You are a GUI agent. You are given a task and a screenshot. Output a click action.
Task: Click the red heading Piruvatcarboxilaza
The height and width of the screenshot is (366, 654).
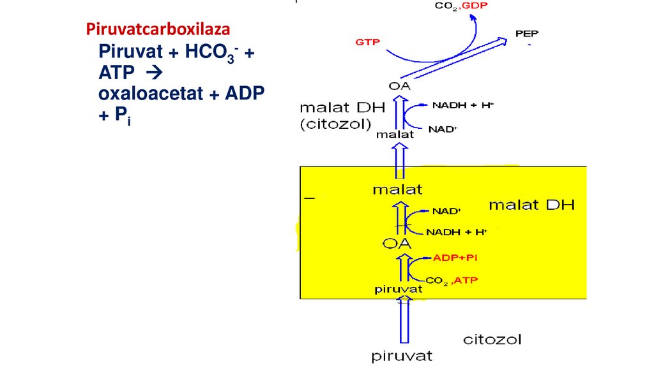tap(158, 29)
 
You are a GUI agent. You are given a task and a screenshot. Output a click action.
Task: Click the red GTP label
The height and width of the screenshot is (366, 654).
tap(367, 42)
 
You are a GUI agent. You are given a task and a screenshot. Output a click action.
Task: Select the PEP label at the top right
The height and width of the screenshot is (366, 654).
tap(527, 34)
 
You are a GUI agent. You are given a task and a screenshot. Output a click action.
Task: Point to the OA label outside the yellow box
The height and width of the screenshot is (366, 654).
tap(399, 86)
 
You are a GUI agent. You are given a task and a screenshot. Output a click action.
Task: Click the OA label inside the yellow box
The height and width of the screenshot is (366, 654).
tap(397, 244)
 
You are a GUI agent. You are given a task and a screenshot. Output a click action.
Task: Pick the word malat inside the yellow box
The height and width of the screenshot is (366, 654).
tap(397, 189)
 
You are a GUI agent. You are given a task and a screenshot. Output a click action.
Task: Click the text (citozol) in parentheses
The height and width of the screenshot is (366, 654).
tap(335, 124)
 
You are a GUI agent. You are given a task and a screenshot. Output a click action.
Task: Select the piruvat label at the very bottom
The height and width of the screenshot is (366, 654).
tap(402, 356)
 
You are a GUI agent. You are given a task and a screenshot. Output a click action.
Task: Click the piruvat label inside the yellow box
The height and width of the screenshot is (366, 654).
tap(399, 289)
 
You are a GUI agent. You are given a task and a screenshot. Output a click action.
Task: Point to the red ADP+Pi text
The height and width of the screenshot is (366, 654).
tap(455, 258)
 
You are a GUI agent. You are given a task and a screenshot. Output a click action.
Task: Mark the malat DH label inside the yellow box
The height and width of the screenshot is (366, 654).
tap(531, 205)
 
